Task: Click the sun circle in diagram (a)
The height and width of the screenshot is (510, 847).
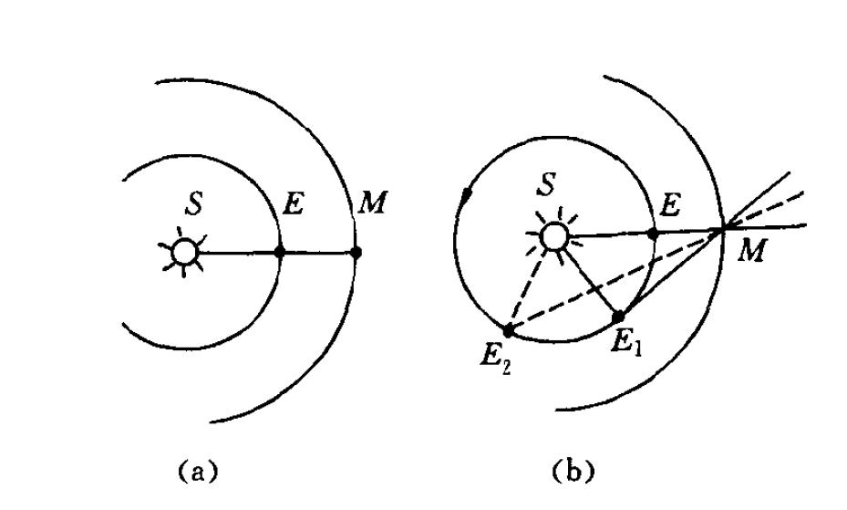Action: click(x=184, y=253)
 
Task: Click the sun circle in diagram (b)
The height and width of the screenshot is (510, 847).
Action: click(x=554, y=236)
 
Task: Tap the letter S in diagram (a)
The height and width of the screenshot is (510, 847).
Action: click(x=193, y=203)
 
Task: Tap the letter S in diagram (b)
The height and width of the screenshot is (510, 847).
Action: click(x=547, y=184)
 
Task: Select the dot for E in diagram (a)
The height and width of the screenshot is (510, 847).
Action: click(x=279, y=252)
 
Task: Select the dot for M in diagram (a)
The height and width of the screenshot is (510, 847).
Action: click(x=355, y=252)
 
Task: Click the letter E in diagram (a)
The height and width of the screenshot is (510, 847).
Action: click(x=294, y=204)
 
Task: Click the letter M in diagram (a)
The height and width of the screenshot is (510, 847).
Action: click(x=373, y=203)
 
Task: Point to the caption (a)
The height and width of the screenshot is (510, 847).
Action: click(x=199, y=471)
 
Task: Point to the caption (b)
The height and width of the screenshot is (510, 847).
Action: click(x=573, y=471)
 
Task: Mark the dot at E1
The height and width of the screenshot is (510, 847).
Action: click(x=618, y=317)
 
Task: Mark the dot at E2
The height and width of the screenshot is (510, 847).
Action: click(x=509, y=329)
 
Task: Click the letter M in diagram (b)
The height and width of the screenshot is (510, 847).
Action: click(x=751, y=252)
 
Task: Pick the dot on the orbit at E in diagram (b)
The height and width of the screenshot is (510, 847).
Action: click(x=653, y=234)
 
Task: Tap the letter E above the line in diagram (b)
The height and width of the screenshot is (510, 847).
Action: click(x=670, y=205)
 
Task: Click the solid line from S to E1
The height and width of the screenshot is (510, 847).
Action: click(x=591, y=282)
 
